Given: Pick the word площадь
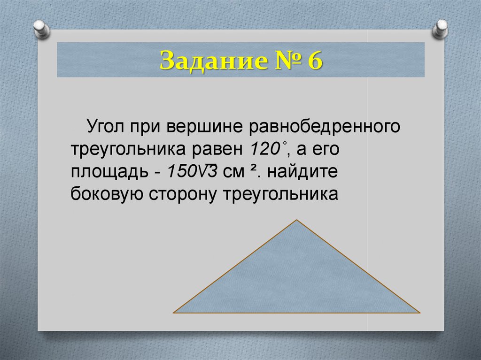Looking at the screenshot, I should (x=109, y=172).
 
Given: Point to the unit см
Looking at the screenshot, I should (x=232, y=172).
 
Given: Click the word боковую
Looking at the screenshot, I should (x=107, y=194).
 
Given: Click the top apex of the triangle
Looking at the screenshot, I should (x=297, y=220).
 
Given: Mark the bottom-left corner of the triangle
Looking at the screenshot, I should (x=174, y=312).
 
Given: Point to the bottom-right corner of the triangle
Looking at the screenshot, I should (x=419, y=312).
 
